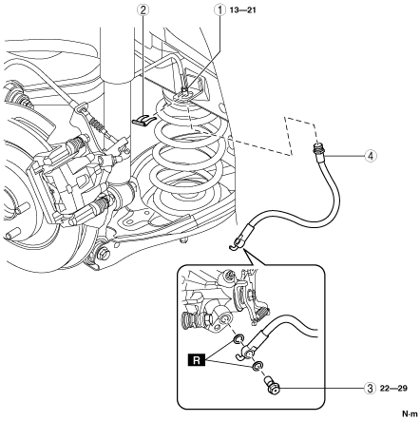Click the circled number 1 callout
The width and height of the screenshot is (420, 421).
point(219,10)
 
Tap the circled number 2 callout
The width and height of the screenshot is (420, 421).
point(143,10)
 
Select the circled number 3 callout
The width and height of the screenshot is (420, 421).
point(370,388)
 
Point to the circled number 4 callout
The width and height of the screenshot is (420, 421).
point(371,156)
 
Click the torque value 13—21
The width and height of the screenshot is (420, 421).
point(241,10)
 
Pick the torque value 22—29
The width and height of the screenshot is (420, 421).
point(393,388)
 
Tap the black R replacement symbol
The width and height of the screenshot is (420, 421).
point(197,360)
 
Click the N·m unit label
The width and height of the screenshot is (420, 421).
point(410,413)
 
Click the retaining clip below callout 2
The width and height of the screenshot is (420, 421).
point(143,120)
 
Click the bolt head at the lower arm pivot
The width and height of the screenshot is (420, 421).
point(104,254)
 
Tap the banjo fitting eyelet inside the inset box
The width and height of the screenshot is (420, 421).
point(245,353)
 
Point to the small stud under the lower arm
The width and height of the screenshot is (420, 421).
point(183,240)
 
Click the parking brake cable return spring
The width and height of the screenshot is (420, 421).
point(98,124)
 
